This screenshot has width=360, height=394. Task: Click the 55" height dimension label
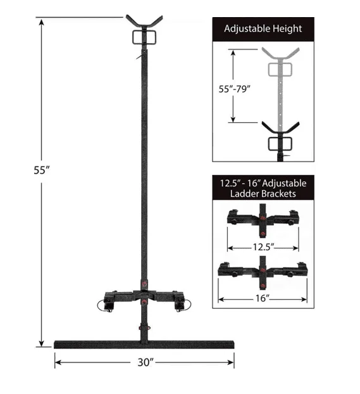[42, 170]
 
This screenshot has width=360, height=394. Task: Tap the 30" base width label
[146, 362]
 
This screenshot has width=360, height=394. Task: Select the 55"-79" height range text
[235, 89]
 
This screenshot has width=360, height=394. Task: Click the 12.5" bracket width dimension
[263, 247]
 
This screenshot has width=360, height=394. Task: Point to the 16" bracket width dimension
[263, 298]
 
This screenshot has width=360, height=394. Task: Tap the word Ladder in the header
[245, 193]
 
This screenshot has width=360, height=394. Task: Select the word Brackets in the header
[279, 193]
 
